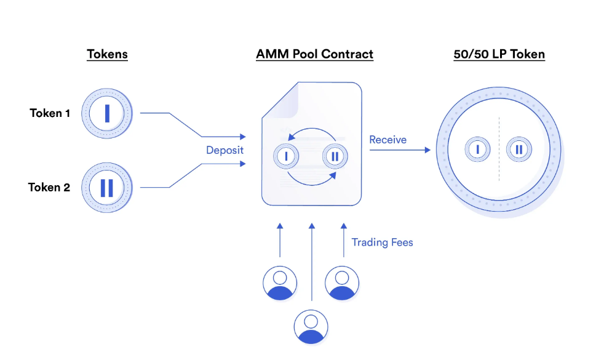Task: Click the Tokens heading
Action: [107, 54]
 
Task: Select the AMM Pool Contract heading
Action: [314, 54]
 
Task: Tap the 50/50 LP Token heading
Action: [499, 54]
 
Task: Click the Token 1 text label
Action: [50, 113]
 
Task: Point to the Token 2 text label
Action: [49, 187]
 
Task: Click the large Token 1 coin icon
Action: [107, 113]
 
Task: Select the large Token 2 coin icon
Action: [107, 187]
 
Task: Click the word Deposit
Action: [225, 150]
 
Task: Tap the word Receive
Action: [387, 140]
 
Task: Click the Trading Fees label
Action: [382, 242]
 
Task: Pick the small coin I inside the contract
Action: [286, 156]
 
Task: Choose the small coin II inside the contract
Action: [335, 156]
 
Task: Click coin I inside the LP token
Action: [478, 150]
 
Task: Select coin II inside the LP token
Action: [519, 150]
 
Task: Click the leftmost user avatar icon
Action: [280, 283]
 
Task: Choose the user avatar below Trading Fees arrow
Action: [342, 283]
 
